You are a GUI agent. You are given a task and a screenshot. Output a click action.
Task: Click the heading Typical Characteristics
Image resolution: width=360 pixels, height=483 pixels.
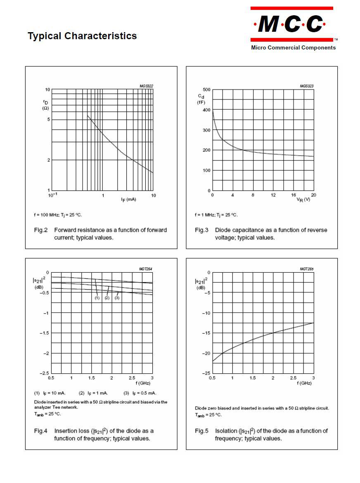click(x=82, y=36)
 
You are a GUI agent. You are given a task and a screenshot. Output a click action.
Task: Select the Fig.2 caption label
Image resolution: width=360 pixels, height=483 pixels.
click(x=41, y=230)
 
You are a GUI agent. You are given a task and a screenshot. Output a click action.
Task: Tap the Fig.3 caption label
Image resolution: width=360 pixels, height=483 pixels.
click(x=202, y=230)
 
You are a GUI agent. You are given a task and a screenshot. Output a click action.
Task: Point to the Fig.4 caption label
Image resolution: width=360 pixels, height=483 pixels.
click(x=41, y=431)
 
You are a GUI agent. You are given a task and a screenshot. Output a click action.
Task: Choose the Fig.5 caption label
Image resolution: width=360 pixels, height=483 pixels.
click(x=202, y=431)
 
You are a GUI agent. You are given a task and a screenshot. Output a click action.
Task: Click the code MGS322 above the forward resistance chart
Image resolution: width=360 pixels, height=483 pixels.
click(x=146, y=86)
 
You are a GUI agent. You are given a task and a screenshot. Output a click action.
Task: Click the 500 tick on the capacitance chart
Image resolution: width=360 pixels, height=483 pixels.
click(x=206, y=90)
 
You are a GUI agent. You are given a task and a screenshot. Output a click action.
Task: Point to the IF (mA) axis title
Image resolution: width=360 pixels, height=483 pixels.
click(x=128, y=200)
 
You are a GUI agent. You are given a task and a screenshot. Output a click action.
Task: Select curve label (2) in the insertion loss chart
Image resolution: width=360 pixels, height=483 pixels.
click(x=107, y=298)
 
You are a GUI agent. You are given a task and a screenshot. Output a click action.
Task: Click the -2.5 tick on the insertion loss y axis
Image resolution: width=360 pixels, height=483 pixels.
click(x=44, y=373)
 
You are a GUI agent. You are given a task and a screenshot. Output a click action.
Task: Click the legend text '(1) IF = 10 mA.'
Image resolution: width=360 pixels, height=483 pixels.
click(x=50, y=393)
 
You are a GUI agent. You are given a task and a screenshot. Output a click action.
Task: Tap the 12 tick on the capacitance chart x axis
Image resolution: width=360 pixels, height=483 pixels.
click(x=273, y=195)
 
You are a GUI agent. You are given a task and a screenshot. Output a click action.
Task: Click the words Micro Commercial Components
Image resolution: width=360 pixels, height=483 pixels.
click(x=293, y=47)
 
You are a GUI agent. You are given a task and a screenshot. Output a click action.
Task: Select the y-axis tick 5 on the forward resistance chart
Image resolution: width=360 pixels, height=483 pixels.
click(x=48, y=120)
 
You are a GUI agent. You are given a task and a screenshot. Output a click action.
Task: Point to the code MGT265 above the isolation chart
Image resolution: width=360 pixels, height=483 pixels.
click(x=307, y=269)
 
